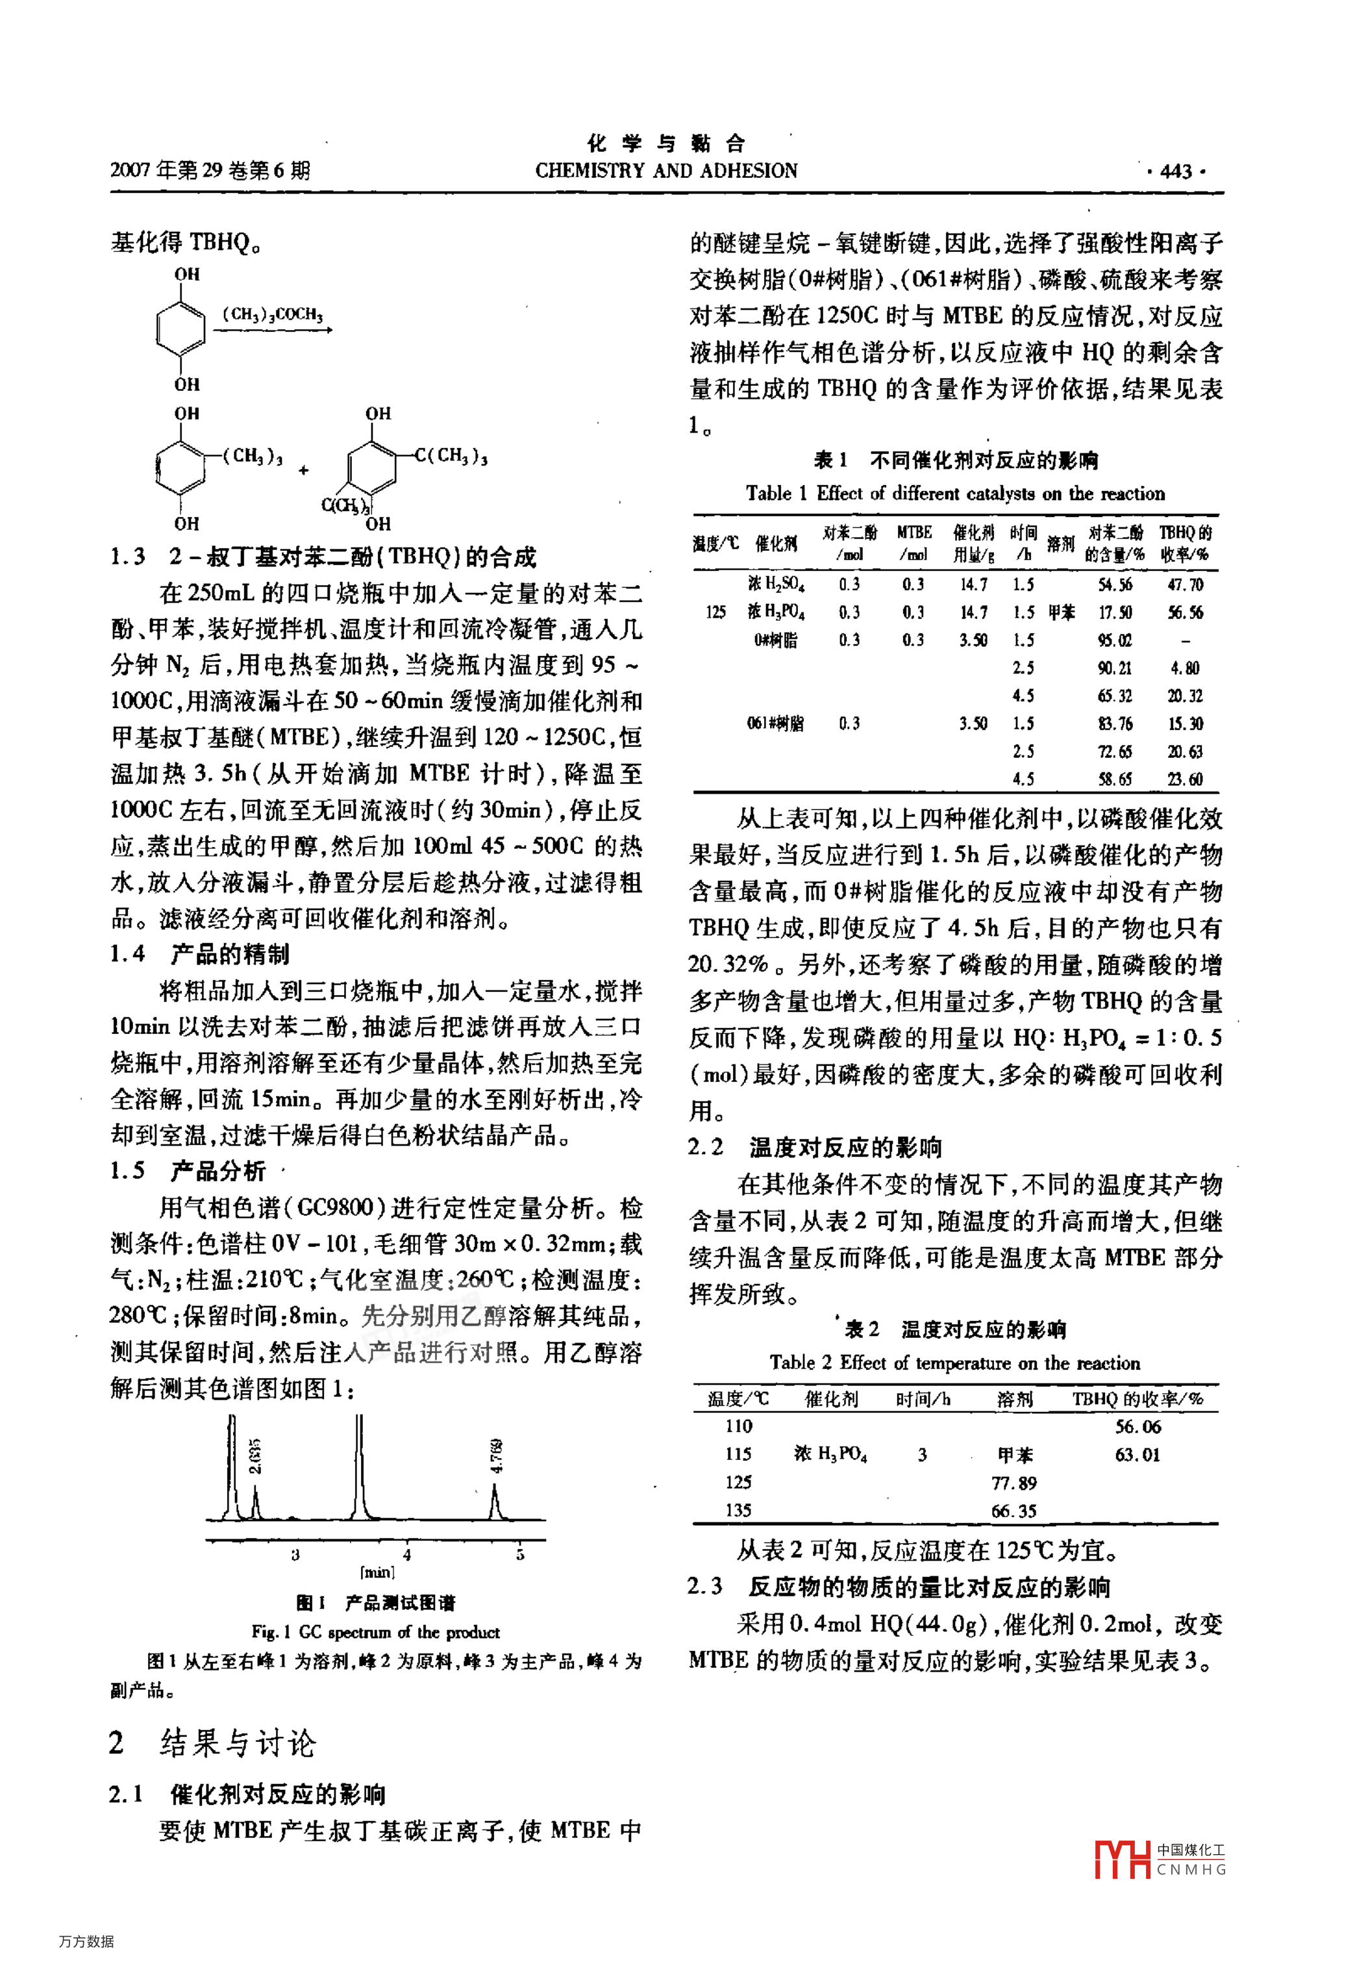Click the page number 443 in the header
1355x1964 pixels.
click(x=1176, y=171)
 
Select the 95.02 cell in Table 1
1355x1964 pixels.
click(x=1115, y=640)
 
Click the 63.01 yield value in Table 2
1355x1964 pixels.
click(x=1137, y=1455)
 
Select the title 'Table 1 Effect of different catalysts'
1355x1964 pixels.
click(x=955, y=494)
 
